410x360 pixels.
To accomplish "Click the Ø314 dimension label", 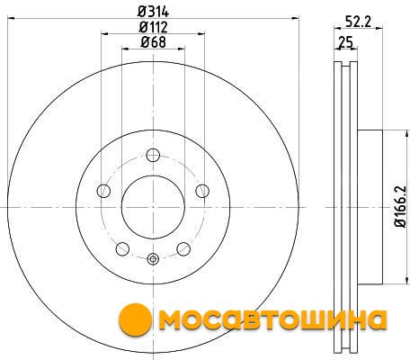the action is (153, 12).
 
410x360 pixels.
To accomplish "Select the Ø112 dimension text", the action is (153, 27).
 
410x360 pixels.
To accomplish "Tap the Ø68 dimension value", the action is (153, 42).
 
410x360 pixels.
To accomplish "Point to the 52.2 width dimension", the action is (358, 22).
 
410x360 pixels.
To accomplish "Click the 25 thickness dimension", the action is (345, 41).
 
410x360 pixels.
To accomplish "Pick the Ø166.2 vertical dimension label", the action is (401, 207).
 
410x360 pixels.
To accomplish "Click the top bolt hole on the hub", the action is (153, 155).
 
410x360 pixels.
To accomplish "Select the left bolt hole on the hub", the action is (103, 191).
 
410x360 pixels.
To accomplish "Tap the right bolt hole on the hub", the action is (202, 191).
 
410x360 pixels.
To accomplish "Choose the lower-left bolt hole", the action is (122, 249).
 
